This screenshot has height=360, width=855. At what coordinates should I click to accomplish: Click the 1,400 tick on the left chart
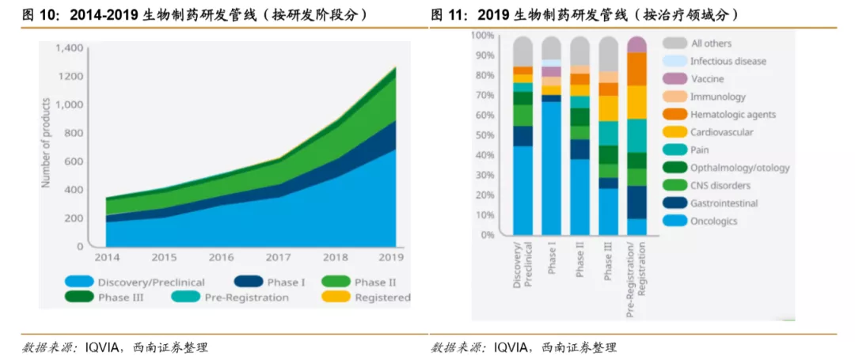[69, 48]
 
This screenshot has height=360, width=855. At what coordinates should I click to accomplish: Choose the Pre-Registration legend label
[246, 297]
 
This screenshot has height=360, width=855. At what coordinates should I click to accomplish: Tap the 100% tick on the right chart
[482, 36]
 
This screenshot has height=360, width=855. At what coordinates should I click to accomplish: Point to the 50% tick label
[484, 135]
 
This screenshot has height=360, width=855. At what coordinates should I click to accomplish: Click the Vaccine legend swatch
[675, 79]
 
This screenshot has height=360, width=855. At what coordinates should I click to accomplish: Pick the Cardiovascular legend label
[721, 132]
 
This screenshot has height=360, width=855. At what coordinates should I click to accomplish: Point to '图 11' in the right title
[448, 15]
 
